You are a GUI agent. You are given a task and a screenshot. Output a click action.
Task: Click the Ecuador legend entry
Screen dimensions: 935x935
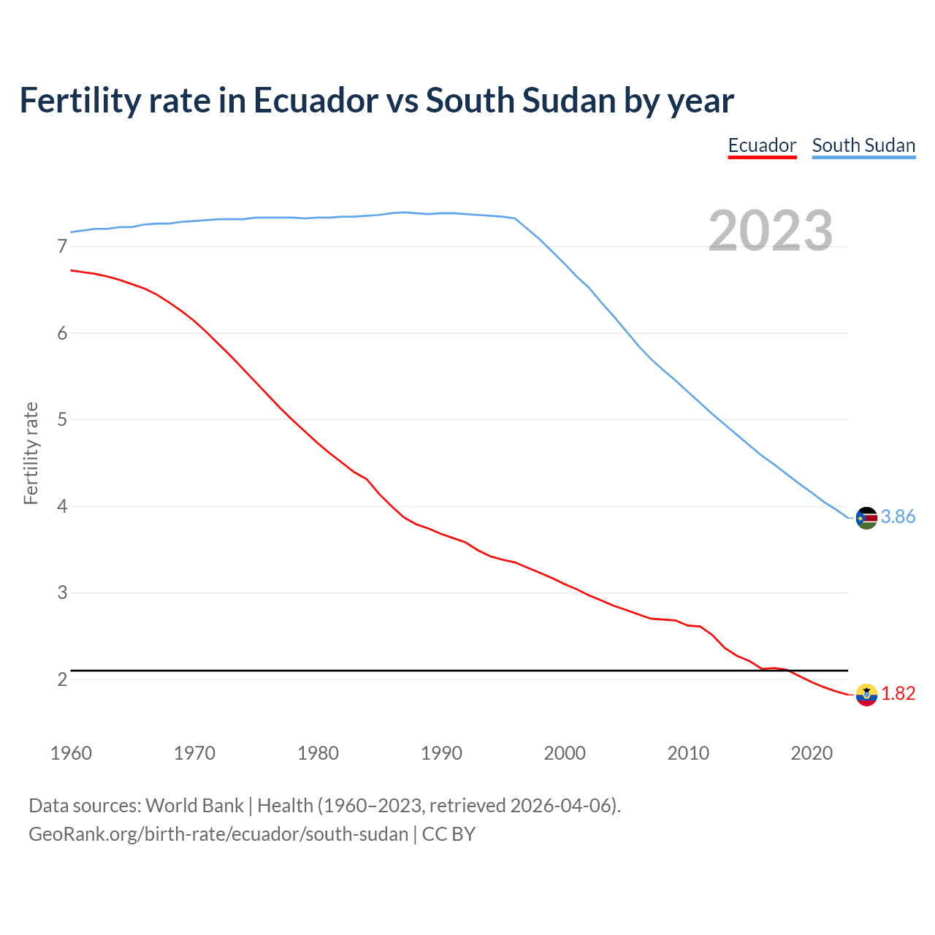click(x=762, y=145)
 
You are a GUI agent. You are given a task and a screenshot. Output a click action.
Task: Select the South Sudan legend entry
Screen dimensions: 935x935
click(x=863, y=145)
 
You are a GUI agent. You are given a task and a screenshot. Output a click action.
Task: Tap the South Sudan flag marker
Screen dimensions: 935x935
click(x=866, y=518)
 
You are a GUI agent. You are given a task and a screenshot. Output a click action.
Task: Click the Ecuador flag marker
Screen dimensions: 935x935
click(x=866, y=695)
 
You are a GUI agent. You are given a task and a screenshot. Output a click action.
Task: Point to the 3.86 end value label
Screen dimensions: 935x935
click(x=898, y=517)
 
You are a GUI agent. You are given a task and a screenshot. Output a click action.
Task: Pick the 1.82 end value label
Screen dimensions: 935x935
click(x=898, y=694)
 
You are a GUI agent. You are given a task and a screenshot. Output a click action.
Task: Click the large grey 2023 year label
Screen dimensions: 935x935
click(x=771, y=231)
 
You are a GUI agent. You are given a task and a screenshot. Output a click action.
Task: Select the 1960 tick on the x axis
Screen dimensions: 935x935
click(x=71, y=753)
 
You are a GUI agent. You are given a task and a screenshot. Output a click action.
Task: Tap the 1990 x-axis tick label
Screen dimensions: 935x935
click(x=441, y=753)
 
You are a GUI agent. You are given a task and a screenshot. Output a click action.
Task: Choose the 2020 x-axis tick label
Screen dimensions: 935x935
click(x=812, y=753)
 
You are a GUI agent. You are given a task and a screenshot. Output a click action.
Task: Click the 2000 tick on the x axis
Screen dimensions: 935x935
click(x=565, y=753)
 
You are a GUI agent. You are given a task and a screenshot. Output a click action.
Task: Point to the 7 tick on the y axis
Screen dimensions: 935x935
click(x=62, y=247)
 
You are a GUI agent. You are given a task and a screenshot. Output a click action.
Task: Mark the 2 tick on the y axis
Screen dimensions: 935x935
click(x=62, y=679)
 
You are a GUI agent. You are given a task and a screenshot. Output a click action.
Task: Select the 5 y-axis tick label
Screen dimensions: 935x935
click(x=62, y=420)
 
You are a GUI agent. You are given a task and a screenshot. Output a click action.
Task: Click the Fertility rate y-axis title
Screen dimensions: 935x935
click(x=31, y=453)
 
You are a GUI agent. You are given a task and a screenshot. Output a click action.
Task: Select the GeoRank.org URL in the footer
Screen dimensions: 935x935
click(x=218, y=834)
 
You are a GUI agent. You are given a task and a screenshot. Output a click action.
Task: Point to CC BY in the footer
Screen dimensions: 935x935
click(x=449, y=834)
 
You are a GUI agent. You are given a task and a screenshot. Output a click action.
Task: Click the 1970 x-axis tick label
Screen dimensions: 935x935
click(x=194, y=753)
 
